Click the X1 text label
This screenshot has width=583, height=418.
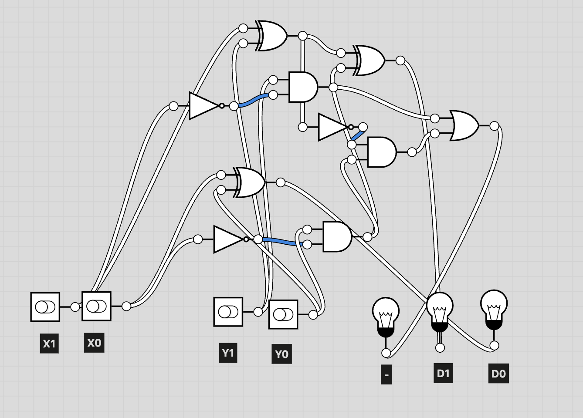pos(49,344)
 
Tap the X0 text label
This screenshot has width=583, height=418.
pos(94,343)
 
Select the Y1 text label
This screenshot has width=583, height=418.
pos(228,353)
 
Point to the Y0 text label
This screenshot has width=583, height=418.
pos(281,354)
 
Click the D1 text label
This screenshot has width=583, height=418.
pos(443,373)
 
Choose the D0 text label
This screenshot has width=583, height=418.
pos(498,374)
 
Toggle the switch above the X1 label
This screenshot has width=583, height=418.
pos(45,307)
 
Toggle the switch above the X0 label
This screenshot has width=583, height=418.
pos(96,306)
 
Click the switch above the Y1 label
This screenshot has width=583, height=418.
pos(228,312)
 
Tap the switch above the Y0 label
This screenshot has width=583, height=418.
pos(283,314)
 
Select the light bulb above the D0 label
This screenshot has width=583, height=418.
pos(494,309)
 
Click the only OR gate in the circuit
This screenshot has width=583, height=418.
pos(464,126)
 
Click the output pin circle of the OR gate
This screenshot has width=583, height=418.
pos(494,126)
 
